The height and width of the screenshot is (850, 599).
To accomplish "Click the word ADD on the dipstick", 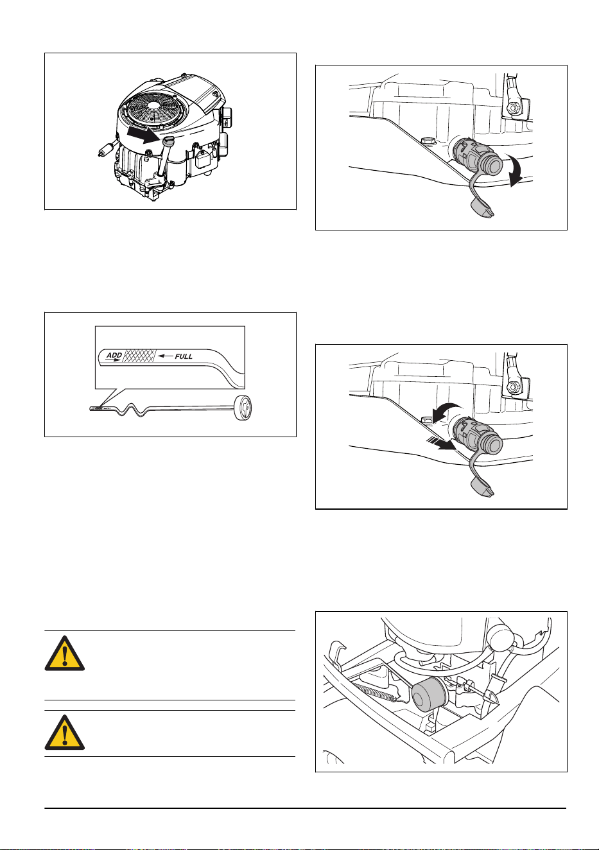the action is pyautogui.click(x=114, y=355).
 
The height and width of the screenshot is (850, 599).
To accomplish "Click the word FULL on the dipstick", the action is pyautogui.click(x=184, y=356).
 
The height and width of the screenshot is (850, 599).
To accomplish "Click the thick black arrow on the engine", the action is pyautogui.click(x=143, y=135).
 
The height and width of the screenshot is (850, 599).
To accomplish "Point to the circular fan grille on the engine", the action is pyautogui.click(x=153, y=107).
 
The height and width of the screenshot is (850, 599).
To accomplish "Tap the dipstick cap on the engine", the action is pyautogui.click(x=168, y=142).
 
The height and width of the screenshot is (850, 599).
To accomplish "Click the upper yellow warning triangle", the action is pyautogui.click(x=65, y=653).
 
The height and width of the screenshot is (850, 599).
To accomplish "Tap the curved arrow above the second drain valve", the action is pyautogui.click(x=447, y=411).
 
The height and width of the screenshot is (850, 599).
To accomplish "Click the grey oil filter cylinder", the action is pyautogui.click(x=430, y=695).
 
